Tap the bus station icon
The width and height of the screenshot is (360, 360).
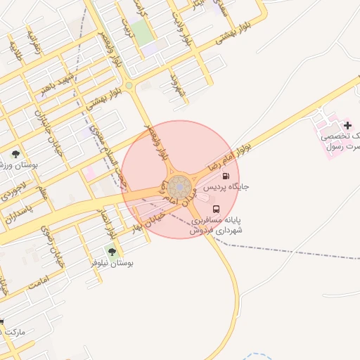tap(216, 209)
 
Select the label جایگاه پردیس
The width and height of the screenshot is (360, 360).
tap(226, 188)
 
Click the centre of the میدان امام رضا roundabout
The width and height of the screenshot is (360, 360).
tap(179, 188)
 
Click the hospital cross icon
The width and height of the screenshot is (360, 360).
tap(347, 125)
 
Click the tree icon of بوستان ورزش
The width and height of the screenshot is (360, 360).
tap(16, 153)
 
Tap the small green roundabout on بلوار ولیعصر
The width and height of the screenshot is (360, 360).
tap(129, 86)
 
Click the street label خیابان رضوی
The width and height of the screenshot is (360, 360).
tap(49, 241)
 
